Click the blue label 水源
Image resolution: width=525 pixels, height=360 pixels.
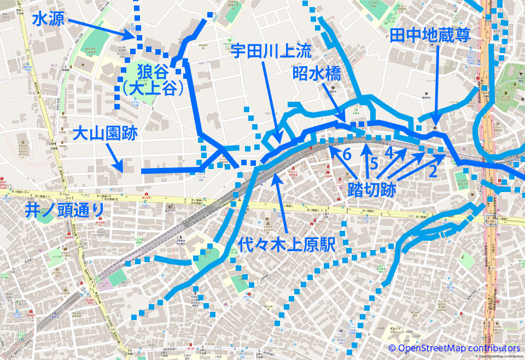(48, 20)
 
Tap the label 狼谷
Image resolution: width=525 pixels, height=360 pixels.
(154, 71)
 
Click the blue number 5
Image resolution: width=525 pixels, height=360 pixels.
(374, 163)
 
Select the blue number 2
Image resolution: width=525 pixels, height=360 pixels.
(432, 171)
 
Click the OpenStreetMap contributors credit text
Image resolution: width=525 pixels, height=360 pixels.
(454, 348)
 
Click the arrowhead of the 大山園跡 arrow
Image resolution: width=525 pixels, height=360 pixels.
(124, 170)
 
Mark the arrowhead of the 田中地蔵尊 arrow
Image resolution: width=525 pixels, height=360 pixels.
(435, 125)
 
